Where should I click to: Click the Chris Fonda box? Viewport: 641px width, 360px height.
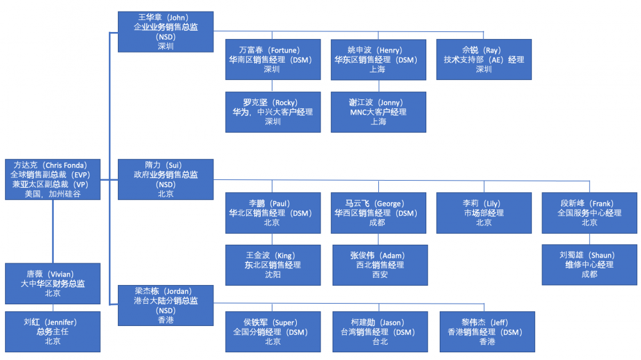click(x=53, y=179)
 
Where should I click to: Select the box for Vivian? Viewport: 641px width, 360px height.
click(x=53, y=283)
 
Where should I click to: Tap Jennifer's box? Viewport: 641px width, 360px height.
click(x=53, y=332)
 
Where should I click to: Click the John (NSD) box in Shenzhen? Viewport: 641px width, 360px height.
click(x=166, y=31)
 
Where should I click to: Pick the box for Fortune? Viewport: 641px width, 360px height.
click(x=273, y=60)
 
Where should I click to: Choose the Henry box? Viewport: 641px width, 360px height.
click(x=378, y=60)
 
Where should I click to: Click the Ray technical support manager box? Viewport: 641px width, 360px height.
click(x=483, y=60)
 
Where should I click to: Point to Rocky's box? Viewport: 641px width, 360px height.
click(x=273, y=112)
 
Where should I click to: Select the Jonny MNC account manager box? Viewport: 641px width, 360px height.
click(x=378, y=112)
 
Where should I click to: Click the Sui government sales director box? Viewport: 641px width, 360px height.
click(x=166, y=179)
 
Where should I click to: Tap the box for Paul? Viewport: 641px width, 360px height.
click(x=273, y=213)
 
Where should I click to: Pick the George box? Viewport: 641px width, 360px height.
click(x=378, y=213)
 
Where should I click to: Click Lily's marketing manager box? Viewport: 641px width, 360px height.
click(x=483, y=213)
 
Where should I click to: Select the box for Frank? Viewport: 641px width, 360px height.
click(x=589, y=213)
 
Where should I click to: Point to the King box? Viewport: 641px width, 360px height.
click(x=273, y=265)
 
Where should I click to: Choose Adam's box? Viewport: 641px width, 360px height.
click(x=378, y=265)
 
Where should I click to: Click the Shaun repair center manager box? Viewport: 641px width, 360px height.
click(x=589, y=265)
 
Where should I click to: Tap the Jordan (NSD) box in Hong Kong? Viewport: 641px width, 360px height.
click(x=166, y=305)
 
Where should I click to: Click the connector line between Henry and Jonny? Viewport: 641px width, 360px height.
click(x=378, y=86)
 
